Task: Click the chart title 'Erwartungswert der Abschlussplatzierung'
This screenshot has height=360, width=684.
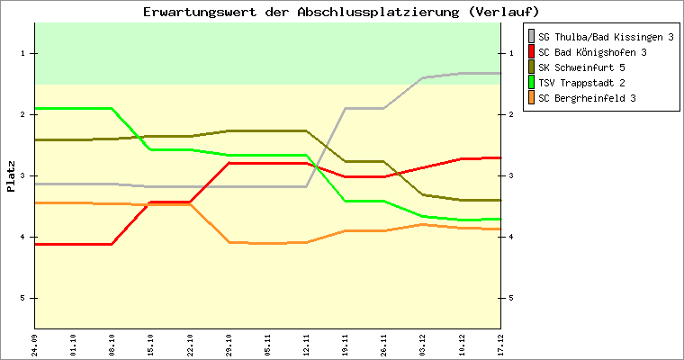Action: tap(341, 12)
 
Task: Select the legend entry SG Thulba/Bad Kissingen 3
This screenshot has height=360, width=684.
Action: tap(606, 37)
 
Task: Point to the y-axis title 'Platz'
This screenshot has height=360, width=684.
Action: tap(11, 175)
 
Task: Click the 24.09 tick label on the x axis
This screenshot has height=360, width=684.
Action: tap(35, 344)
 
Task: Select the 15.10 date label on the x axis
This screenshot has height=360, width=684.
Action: tap(151, 344)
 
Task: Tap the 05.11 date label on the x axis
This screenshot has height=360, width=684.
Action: tap(267, 344)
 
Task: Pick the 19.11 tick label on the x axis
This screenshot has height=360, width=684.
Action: tap(345, 344)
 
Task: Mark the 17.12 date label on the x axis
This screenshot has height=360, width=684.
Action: tap(499, 344)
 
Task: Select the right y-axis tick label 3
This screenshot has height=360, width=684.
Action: tap(510, 175)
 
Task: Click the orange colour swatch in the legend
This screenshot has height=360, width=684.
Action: tap(532, 98)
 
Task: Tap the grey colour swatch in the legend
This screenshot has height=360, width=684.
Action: tap(532, 37)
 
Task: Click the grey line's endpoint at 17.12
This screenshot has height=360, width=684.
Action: tap(499, 73)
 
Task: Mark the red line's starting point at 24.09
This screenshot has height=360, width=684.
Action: tap(35, 244)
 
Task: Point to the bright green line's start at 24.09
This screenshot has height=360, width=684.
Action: tap(35, 108)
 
